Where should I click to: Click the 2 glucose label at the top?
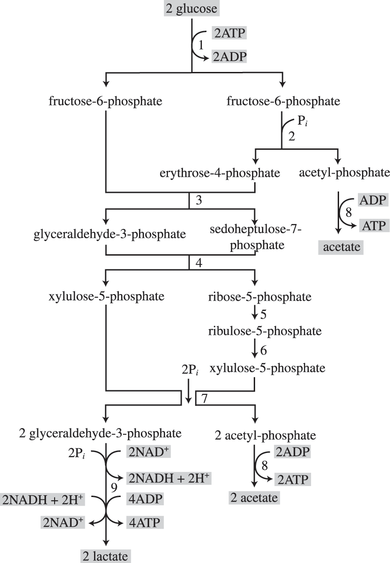(x=191, y=9)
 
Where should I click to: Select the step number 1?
(x=200, y=45)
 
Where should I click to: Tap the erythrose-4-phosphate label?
(x=220, y=173)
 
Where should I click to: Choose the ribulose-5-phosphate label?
(x=259, y=330)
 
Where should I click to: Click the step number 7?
(x=205, y=398)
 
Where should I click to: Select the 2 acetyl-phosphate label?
(x=265, y=435)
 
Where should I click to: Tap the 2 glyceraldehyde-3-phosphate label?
(x=100, y=433)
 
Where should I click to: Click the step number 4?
(x=199, y=263)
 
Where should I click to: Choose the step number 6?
(x=263, y=350)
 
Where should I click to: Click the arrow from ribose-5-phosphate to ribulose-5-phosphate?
(x=254, y=314)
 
